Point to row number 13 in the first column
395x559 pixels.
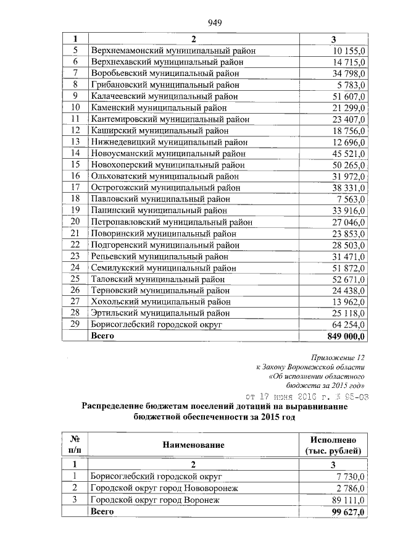click(x=75, y=142)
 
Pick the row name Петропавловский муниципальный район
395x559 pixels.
click(x=171, y=222)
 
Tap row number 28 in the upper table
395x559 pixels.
click(x=75, y=313)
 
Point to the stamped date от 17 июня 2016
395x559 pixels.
click(x=307, y=397)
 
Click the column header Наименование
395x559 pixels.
click(x=193, y=444)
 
